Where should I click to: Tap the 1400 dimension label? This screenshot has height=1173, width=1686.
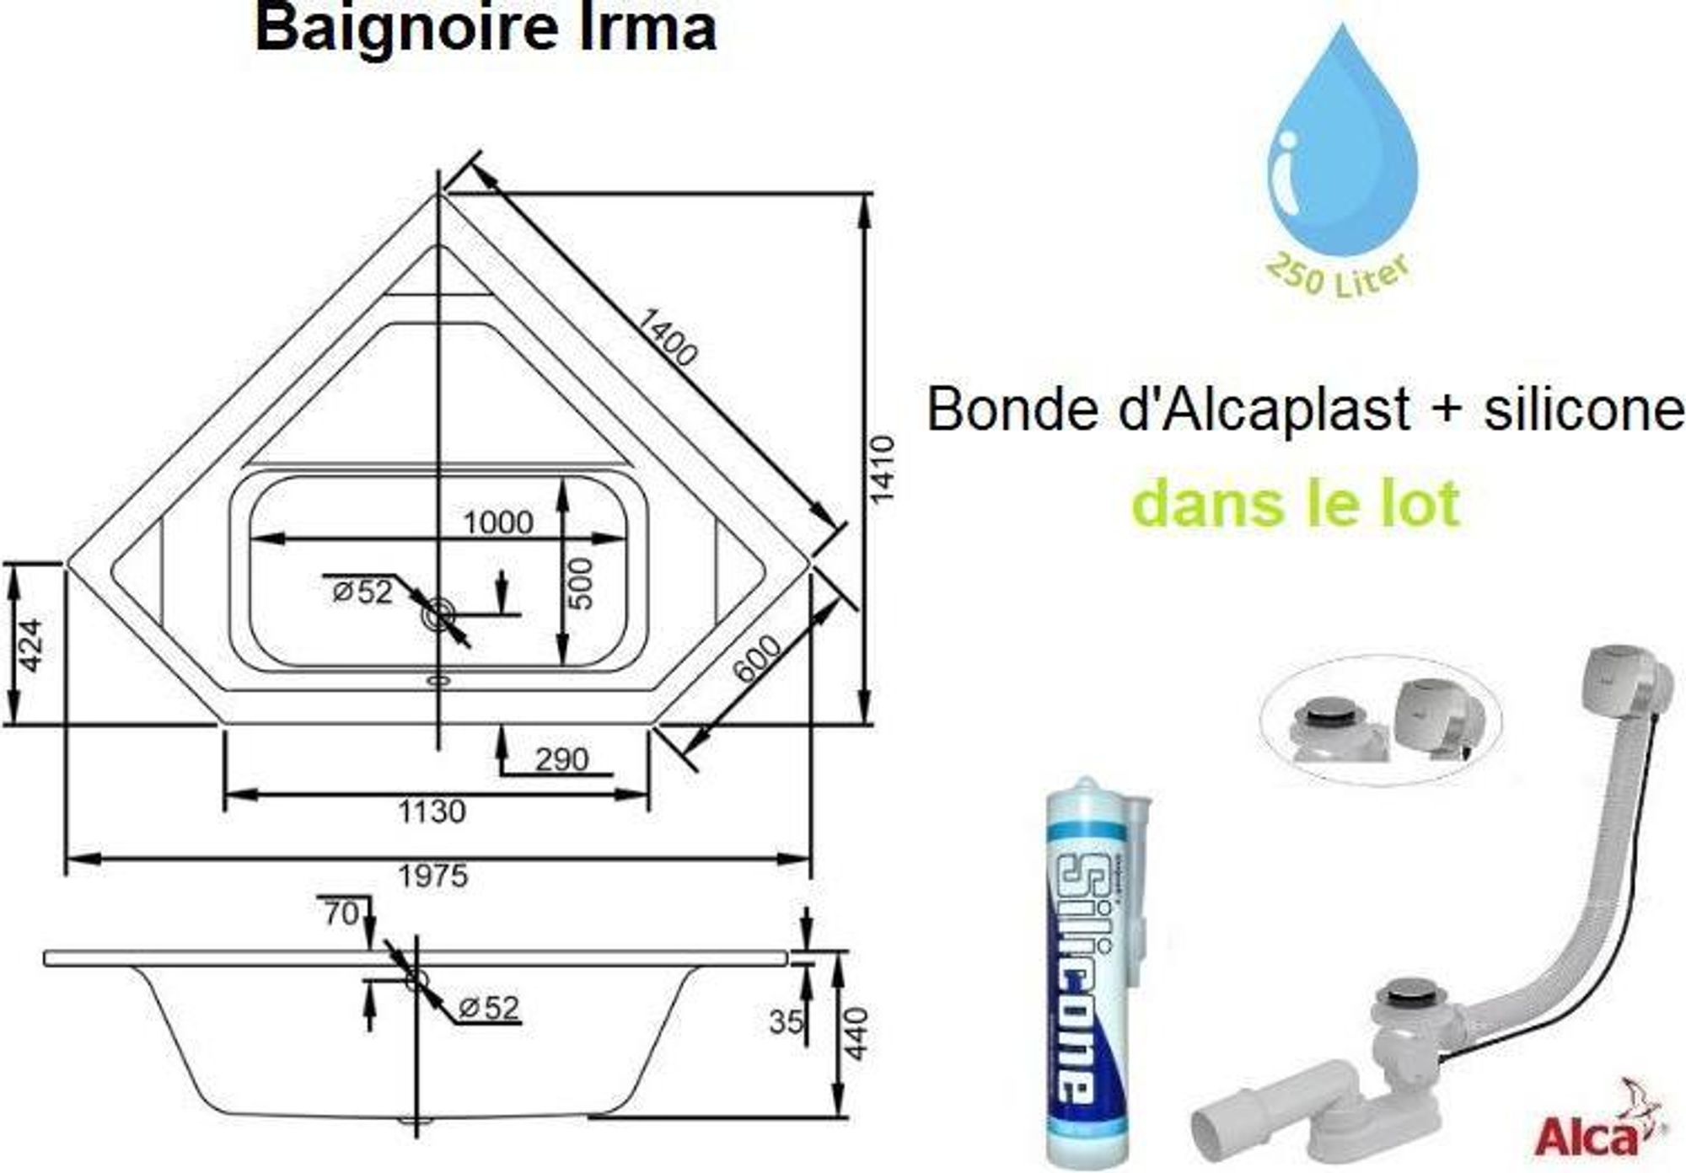pos(665,337)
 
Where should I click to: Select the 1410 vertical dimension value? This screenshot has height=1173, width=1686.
pos(882,469)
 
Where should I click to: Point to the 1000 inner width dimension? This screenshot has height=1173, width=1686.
pos(498,522)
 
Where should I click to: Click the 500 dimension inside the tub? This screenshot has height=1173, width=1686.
pos(581,584)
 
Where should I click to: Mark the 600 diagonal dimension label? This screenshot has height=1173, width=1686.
pos(756,658)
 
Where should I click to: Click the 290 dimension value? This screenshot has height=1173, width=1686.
pos(561,759)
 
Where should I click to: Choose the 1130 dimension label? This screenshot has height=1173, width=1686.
pos(432,811)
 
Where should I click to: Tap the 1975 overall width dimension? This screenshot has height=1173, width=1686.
pos(432,876)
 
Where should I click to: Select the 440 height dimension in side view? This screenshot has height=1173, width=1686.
pos(856,1034)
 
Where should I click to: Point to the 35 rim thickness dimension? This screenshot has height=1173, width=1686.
pos(786,1021)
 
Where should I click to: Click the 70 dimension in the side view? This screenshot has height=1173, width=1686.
pos(341,913)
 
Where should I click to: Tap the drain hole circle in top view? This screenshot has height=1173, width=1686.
pos(439,614)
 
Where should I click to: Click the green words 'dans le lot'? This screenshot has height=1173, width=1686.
pos(1296,503)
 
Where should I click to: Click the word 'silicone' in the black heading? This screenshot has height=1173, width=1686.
pos(1584,410)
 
